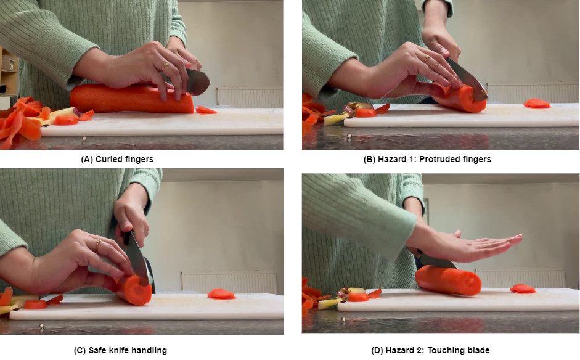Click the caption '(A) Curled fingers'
click(117, 159)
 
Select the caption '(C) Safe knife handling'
click(120, 350)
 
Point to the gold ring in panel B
click(427, 59)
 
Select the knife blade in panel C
click(137, 258)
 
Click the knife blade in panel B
click(467, 79)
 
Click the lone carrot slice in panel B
click(537, 104)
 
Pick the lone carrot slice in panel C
click(221, 294)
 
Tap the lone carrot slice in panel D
click(523, 288)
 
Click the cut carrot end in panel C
click(137, 290)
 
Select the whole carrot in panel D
click(448, 280)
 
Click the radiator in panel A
click(250, 97)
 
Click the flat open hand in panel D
click(464, 246)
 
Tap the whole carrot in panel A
click(131, 99)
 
